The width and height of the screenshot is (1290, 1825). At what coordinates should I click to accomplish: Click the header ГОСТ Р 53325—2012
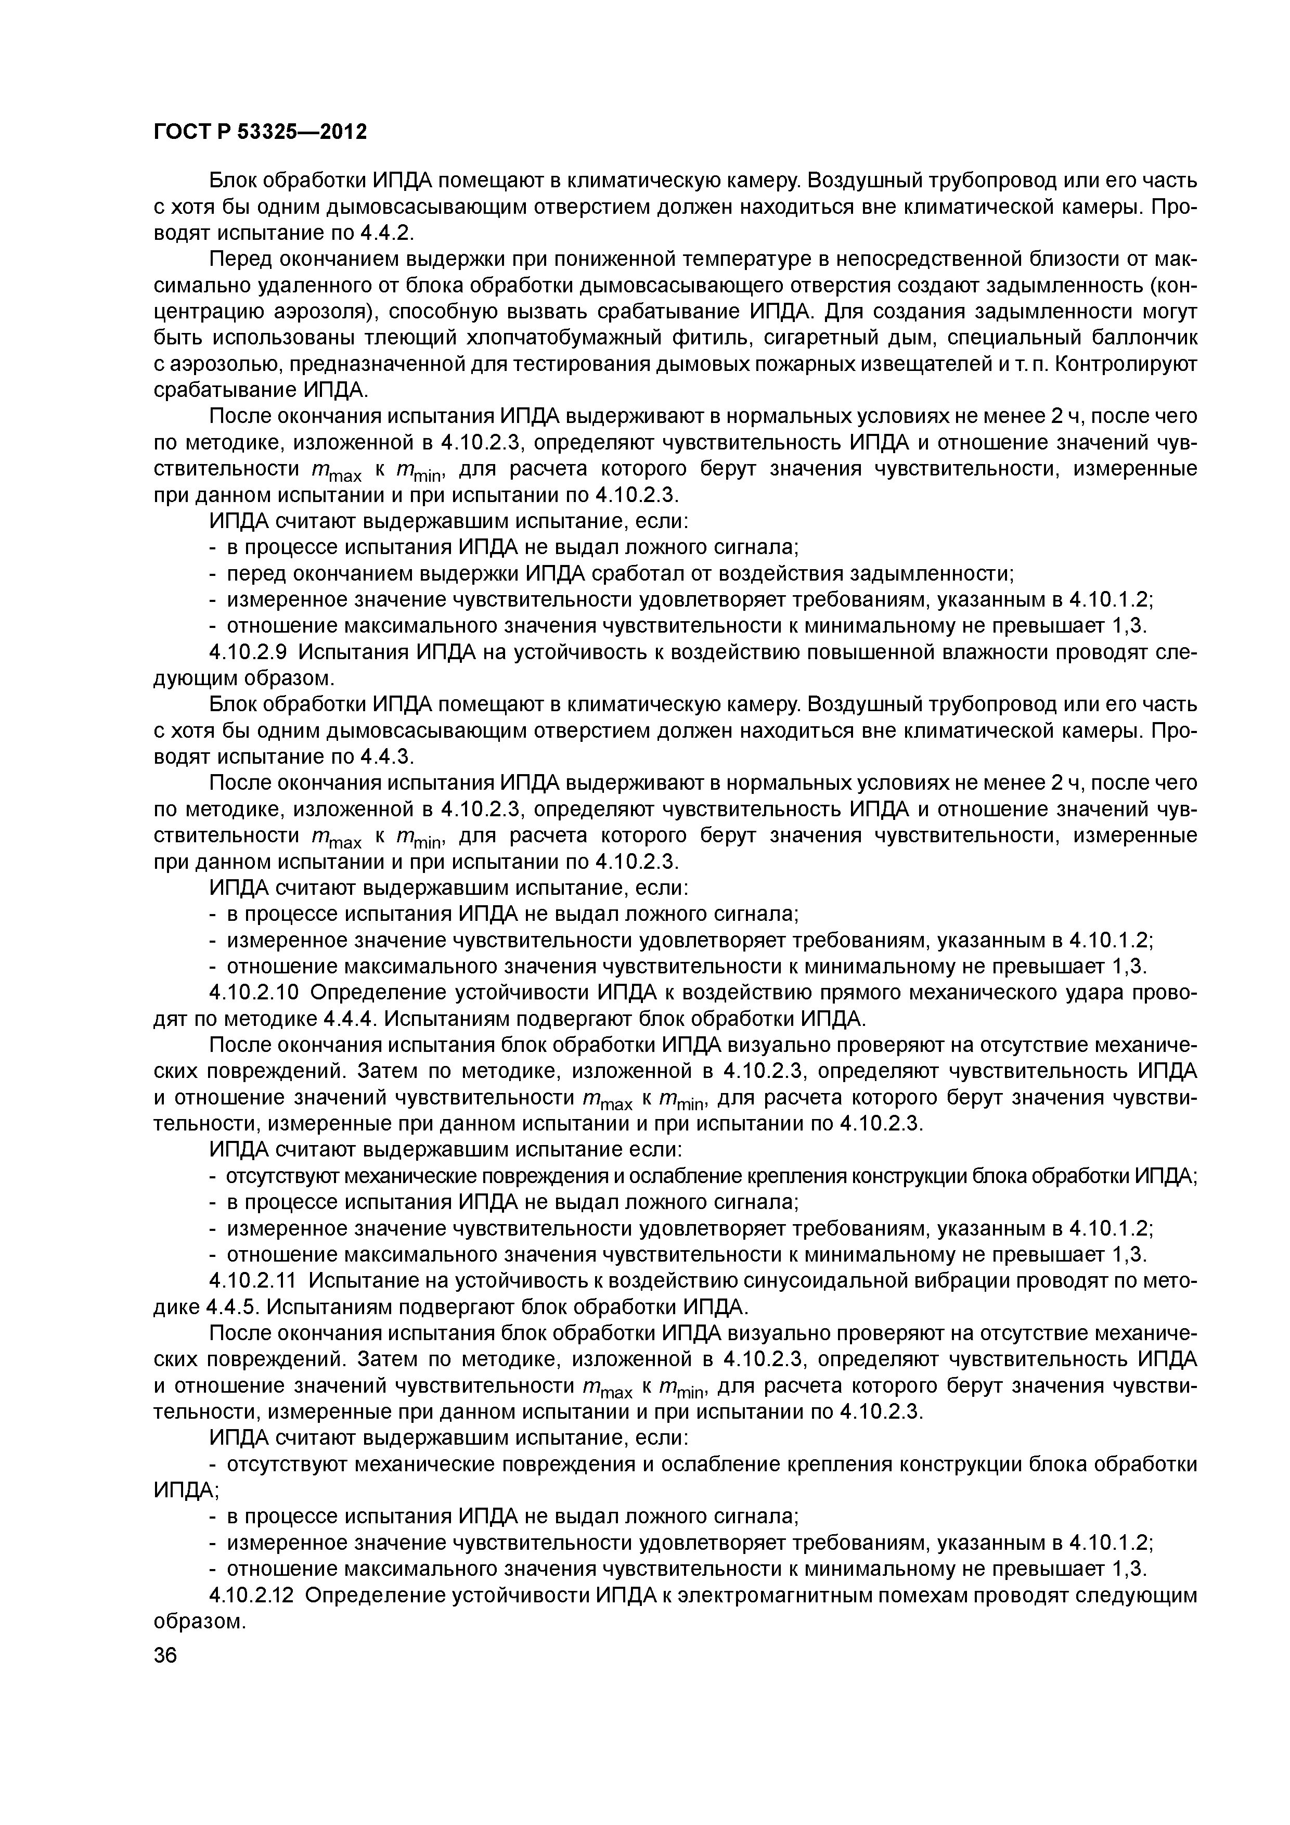(260, 131)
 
